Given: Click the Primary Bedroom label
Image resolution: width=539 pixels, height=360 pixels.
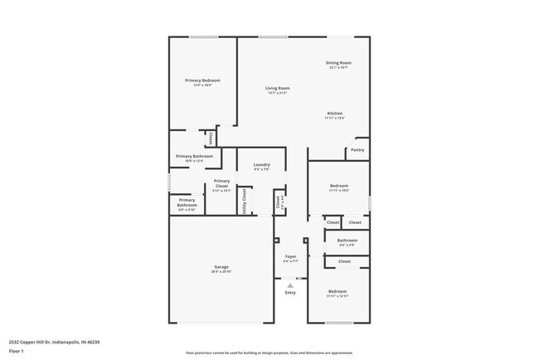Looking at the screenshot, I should tap(202, 80).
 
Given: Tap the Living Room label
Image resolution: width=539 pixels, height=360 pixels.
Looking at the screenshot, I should tap(277, 88).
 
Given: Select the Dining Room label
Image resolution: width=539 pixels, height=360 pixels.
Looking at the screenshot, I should tap(338, 63).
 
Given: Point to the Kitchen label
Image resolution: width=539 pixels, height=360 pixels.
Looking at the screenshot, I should tap(334, 114).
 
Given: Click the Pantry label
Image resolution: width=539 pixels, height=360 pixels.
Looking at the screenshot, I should tap(357, 150).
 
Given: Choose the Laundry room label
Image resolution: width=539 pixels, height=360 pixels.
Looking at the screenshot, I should tap(261, 165).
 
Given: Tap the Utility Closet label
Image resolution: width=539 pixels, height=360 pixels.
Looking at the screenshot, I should tap(244, 201).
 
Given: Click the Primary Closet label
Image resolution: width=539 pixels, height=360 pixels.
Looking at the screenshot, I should tap(221, 183).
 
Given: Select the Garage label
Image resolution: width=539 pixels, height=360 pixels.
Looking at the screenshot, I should tap(221, 266).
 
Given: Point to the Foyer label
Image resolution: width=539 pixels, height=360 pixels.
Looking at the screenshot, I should tap(290, 256).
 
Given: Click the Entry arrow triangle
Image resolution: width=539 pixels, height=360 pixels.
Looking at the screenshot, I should tap(290, 283).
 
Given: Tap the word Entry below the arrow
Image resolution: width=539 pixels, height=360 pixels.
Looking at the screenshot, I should tap(290, 292).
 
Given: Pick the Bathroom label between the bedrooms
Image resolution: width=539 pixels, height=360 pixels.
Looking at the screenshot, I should tap(347, 241).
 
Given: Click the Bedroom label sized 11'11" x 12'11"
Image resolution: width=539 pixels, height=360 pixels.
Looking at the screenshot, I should tap(337, 291).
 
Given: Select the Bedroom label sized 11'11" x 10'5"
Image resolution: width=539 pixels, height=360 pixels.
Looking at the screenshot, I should tap(338, 186).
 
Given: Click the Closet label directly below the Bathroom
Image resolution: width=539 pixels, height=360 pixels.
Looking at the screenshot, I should tap(344, 261).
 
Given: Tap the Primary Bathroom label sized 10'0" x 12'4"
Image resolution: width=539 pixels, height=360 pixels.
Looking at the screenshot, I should tap(194, 156).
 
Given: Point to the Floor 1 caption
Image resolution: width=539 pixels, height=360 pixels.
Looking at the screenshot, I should tap(15, 351).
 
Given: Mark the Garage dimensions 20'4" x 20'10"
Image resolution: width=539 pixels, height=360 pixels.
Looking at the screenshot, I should tap(221, 271).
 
